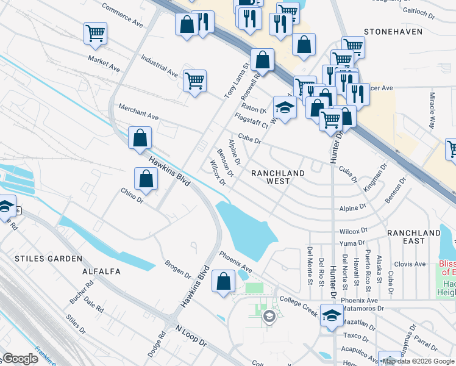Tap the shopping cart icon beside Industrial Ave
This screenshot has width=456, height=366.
194,81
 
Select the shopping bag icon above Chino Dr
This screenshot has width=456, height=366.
146,179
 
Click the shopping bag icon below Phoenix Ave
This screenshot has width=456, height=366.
224,281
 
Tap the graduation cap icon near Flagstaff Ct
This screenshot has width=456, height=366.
284,108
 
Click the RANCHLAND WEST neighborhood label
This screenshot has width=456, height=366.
278,178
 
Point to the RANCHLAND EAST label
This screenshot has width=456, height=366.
413,237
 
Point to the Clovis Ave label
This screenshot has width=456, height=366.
410,264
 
